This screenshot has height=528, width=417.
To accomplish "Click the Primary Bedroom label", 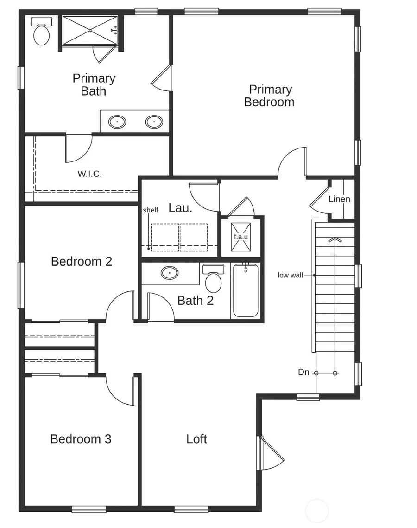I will point(269,96).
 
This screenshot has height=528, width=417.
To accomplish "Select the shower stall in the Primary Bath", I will point(89,31).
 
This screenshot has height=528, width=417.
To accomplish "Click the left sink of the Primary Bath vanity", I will point(117,122).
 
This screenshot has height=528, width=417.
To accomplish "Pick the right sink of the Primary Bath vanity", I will point(154,122).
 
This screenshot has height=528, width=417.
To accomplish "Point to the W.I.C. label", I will point(89,174).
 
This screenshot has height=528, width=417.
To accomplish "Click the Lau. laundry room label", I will point(180,208).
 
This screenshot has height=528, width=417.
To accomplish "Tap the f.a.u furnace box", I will point(241,236).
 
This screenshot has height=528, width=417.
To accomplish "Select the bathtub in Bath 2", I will point(246,291).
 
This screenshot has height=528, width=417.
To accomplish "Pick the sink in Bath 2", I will point(170,273).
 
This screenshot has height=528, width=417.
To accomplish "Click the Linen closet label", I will point(339,199).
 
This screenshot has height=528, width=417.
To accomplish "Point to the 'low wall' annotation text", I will point(290,275).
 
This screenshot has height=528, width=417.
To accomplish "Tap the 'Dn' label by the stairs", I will point(303,372).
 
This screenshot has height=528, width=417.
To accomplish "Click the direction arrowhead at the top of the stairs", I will point(335,240).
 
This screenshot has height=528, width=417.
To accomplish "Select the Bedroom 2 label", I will point(82,262).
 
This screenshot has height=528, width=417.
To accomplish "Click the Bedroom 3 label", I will point(81,439).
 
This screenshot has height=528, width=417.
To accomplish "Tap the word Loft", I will point(196,439).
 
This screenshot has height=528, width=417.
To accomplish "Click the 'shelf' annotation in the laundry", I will point(151,210).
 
